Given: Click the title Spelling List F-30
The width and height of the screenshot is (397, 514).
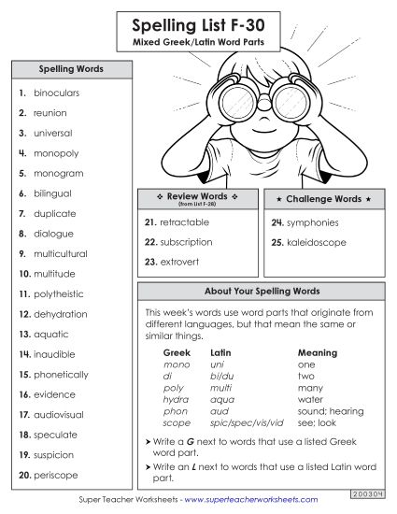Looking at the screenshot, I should point(198,22).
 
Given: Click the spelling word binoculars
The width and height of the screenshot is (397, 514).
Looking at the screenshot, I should point(57,93).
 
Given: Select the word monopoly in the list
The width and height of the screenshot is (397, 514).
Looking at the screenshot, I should point(56,153).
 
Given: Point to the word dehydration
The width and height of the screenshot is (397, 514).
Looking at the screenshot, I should point(61,314).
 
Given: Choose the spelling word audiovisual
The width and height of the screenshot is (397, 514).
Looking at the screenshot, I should point(62,414).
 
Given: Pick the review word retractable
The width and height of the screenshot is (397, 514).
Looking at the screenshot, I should point(184,222).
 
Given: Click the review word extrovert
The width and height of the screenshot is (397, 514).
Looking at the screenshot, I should point(177,263).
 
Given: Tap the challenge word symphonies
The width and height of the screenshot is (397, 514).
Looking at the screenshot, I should point(312,222).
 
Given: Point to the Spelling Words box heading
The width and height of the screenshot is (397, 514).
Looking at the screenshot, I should point(71,69).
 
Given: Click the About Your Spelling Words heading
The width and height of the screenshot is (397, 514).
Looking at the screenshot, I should point(261,292).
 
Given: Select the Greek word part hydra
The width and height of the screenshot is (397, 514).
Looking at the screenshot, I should point(176,398).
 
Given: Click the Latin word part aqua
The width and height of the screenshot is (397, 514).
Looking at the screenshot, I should point(222,398).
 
